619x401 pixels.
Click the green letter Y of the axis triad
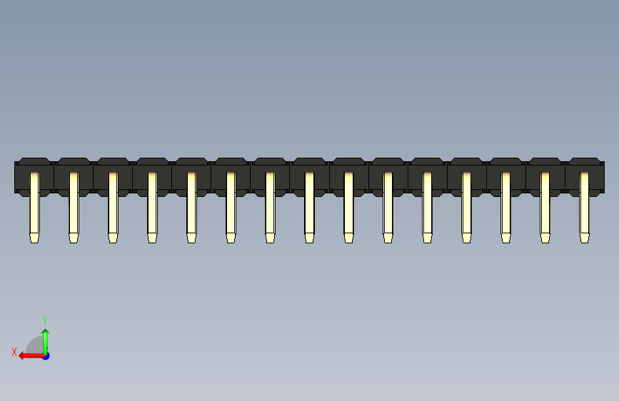[45, 320]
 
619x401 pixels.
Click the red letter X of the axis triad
[14, 352]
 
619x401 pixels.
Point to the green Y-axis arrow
[46, 342]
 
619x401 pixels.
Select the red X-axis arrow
[31, 356]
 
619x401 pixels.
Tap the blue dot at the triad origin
[46, 356]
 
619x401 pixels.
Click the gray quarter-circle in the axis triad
[34, 345]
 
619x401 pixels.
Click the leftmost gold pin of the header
[34, 207]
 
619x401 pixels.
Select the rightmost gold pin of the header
[584, 207]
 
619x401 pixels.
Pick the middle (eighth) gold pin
[310, 207]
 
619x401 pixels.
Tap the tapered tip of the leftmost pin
[34, 238]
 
